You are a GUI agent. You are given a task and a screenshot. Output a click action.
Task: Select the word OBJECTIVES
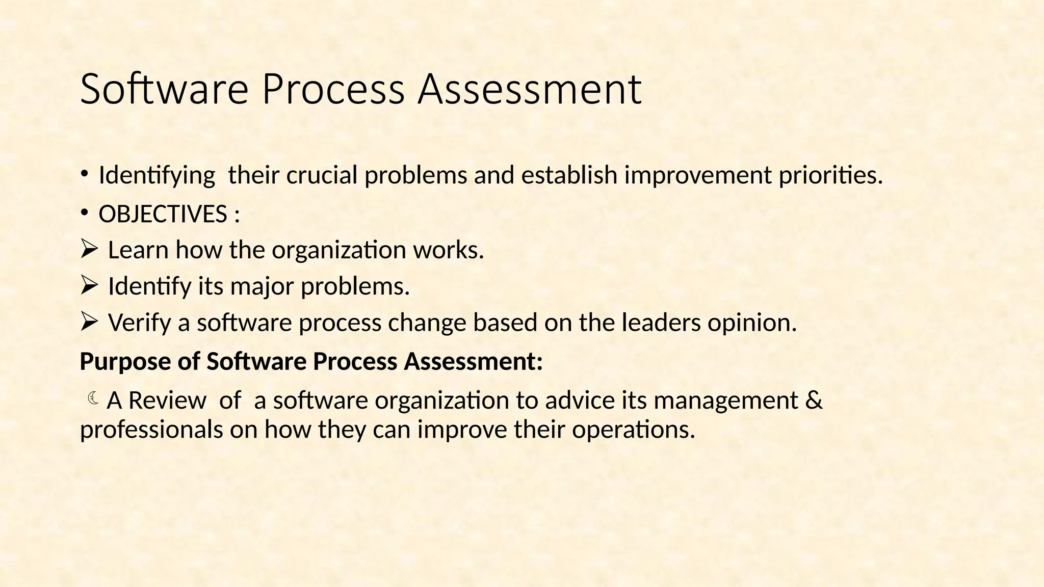tap(163, 214)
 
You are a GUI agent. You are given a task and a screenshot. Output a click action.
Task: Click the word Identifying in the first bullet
tap(156, 176)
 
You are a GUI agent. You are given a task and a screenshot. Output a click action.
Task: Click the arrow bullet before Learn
tap(89, 250)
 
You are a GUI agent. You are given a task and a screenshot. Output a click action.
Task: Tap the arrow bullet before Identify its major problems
tap(89, 286)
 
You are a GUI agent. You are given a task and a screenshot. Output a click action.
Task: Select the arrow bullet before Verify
tap(89, 322)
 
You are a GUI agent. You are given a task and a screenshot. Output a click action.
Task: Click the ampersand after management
tap(815, 400)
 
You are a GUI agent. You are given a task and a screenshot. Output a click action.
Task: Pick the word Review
tap(167, 401)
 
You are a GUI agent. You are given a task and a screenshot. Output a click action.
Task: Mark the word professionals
tap(151, 430)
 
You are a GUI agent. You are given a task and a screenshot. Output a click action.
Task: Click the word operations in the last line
tap(633, 430)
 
